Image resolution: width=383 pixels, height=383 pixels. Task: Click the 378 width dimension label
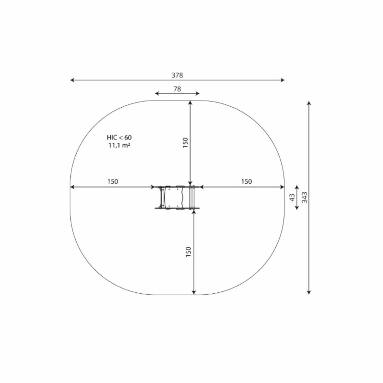point(177,75)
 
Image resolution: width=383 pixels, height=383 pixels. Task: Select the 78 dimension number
point(177,89)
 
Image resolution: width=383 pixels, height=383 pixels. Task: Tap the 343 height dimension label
point(304,197)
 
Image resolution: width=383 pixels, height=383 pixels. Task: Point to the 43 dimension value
point(292,197)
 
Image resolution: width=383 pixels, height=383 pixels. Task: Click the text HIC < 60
point(119,137)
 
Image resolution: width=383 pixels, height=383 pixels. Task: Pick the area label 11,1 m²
point(119,146)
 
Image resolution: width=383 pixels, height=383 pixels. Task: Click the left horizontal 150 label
point(113,182)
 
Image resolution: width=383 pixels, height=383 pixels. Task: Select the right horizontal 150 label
point(246,182)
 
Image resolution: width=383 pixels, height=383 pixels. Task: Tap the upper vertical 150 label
point(186,143)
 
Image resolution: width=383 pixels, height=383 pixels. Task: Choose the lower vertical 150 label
point(189,252)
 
